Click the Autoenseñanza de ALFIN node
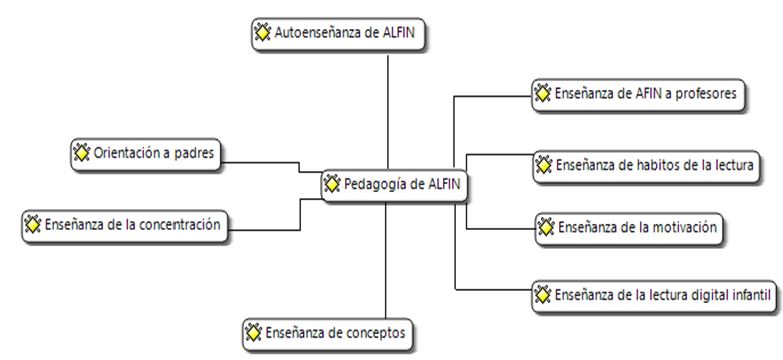tap(336, 33)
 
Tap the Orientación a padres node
tap(147, 153)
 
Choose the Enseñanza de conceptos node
tap(327, 331)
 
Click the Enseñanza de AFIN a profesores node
tap(638, 94)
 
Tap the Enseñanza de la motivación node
tap(627, 227)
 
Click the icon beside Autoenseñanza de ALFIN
tap(262, 33)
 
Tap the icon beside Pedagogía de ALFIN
tap(333, 185)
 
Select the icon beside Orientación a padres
tap(82, 153)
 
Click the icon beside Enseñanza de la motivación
tap(545, 227)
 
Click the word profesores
tap(705, 94)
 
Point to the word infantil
tap(747, 294)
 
